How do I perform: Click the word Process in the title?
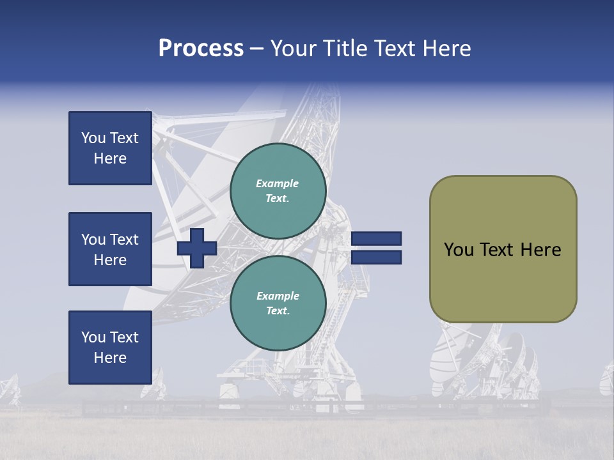point(201,49)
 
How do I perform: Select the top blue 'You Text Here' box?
point(110,148)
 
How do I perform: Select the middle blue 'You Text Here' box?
point(110,249)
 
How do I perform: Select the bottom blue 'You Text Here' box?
point(110,347)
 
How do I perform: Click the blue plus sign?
point(197,248)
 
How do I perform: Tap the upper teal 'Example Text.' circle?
point(278,191)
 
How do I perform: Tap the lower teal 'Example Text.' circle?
point(278,303)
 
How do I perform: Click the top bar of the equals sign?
point(376,238)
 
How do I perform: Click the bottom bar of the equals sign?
point(376,257)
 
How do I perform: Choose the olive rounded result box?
point(503,249)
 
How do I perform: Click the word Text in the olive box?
point(498,250)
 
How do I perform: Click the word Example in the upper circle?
point(278,183)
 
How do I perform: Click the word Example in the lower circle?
point(278,296)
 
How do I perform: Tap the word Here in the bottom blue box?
point(110,358)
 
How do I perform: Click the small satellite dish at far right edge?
point(606,379)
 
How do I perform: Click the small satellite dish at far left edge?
point(9,387)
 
